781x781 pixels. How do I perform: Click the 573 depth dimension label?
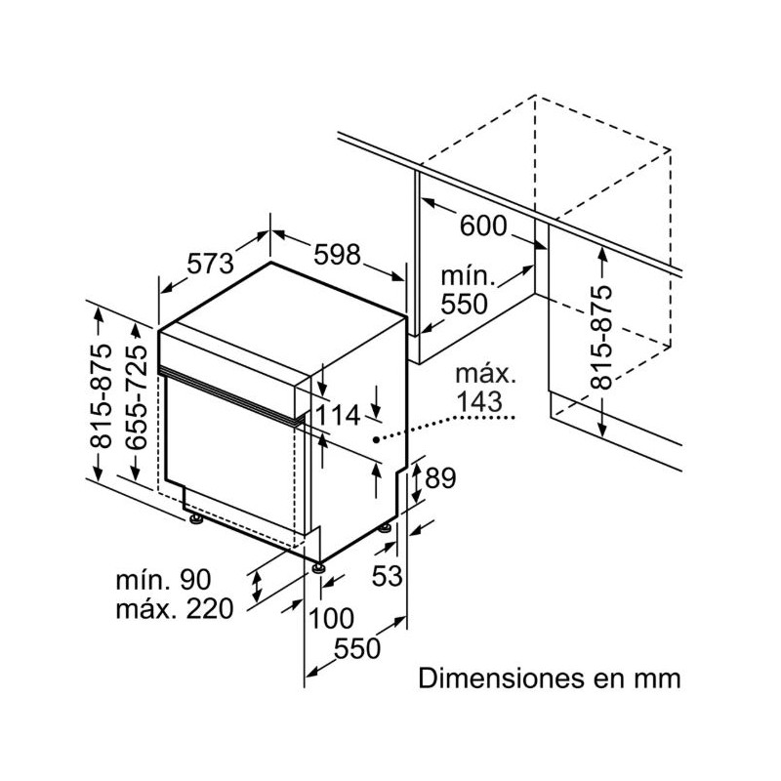[x=211, y=264]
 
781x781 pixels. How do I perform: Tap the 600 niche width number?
[x=483, y=226]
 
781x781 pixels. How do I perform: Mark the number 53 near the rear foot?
[x=388, y=576]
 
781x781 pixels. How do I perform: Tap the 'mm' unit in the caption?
[x=658, y=677]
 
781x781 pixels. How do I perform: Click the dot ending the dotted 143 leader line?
[x=378, y=439]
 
